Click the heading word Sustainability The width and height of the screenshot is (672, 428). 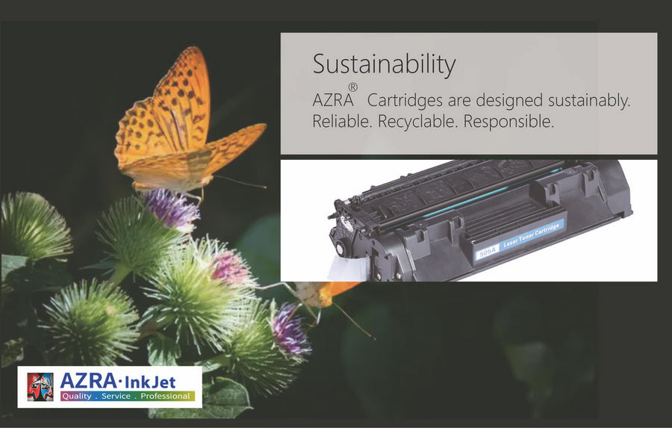384,65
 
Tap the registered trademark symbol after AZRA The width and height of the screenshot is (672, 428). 352,87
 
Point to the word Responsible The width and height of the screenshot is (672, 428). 508,122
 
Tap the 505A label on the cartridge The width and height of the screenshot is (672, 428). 488,252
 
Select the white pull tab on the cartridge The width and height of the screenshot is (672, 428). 348,268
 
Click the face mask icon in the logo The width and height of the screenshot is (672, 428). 40,386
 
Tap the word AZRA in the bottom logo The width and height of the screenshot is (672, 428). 88,380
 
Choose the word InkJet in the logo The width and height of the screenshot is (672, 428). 150,381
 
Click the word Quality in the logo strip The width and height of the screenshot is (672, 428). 77,396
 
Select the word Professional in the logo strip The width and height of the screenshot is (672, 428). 166,396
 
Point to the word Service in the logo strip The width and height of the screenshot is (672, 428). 116,396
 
